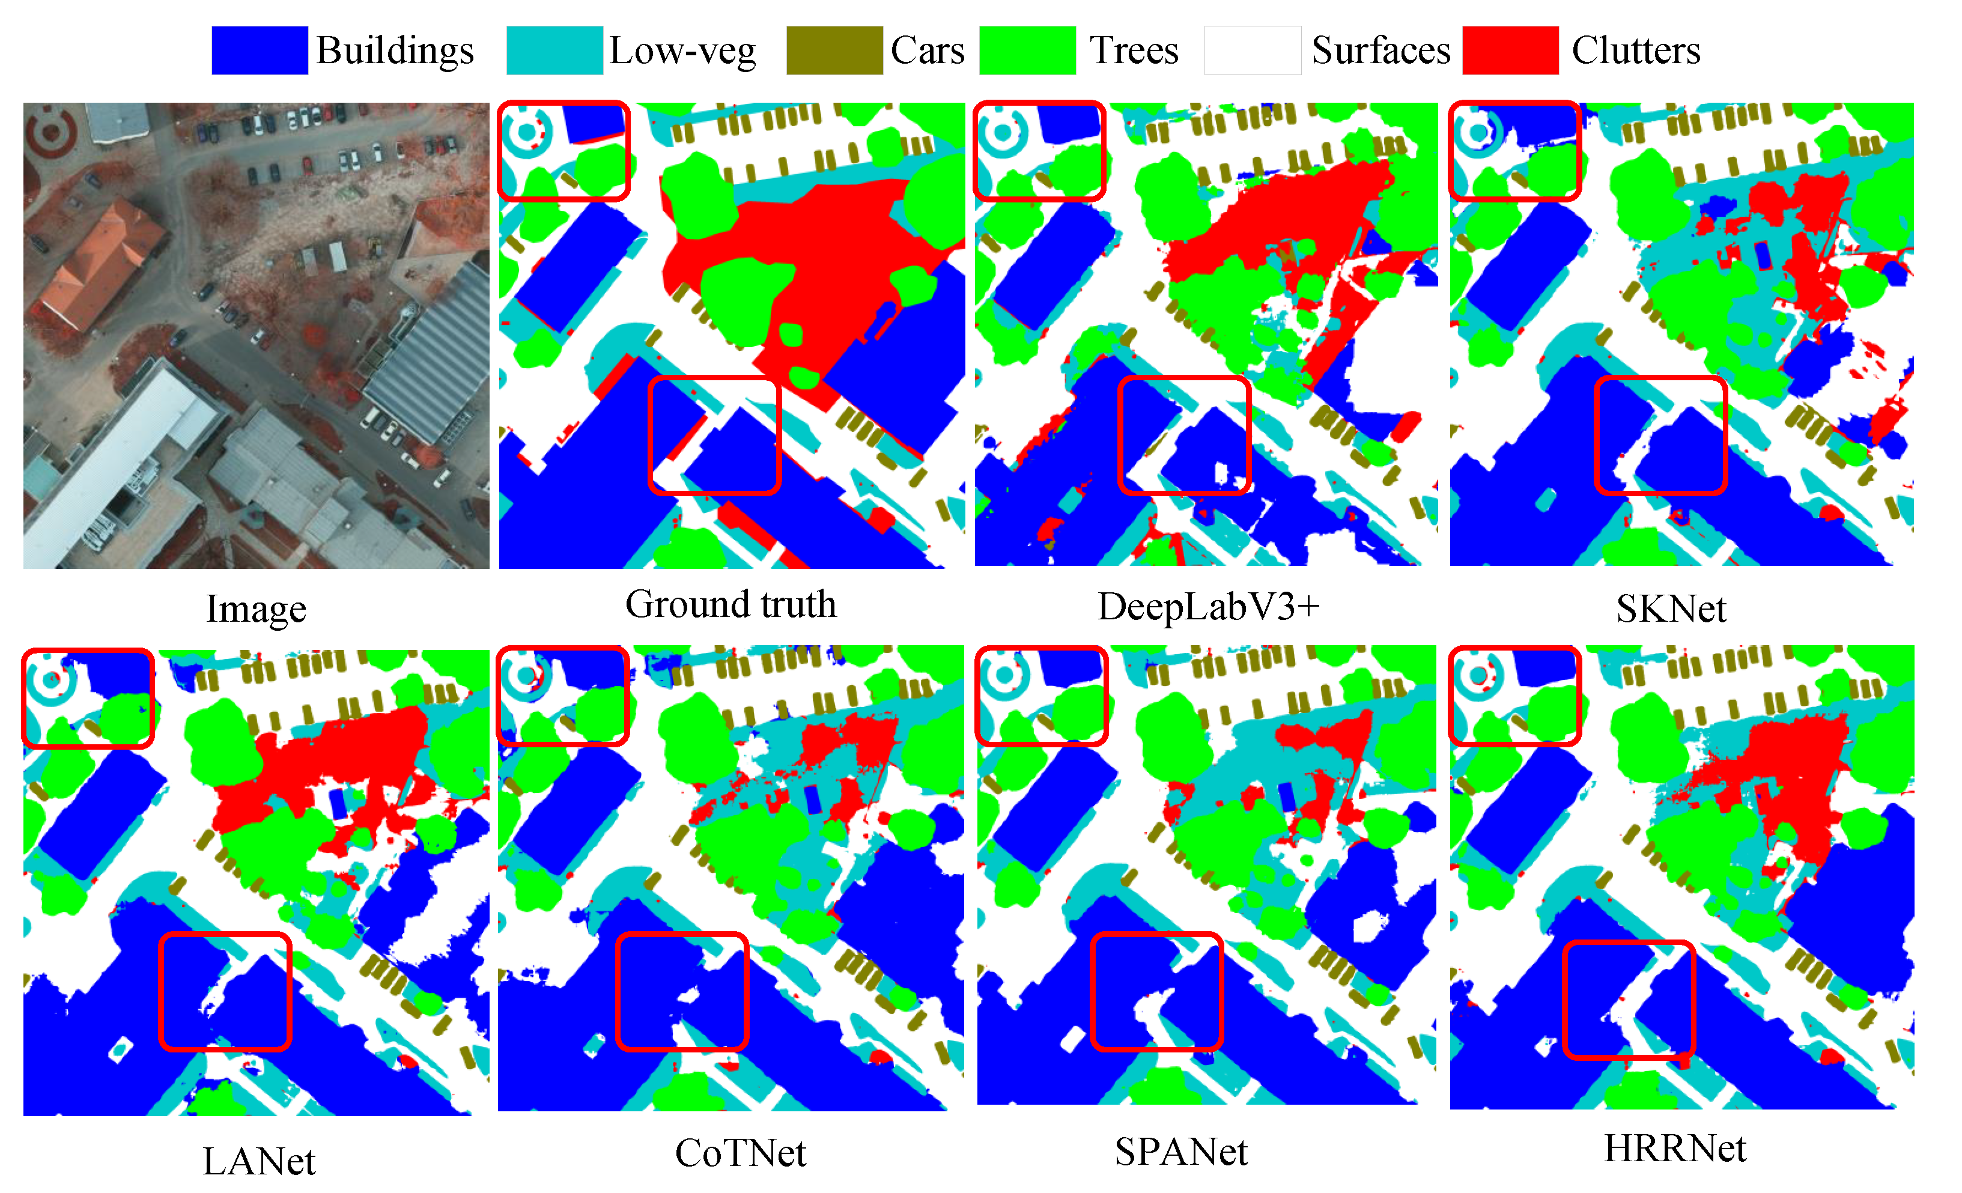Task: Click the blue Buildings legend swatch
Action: click(x=260, y=50)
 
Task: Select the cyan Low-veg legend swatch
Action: click(x=554, y=50)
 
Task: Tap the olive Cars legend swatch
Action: click(x=834, y=50)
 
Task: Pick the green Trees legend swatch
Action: click(x=1027, y=50)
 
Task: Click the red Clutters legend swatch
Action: click(x=1510, y=50)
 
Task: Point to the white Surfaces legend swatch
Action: click(x=1252, y=50)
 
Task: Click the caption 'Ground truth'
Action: click(x=730, y=604)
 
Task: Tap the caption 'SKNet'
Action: click(x=1671, y=609)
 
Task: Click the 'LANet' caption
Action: click(x=259, y=1161)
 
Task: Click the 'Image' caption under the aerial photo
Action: click(x=255, y=609)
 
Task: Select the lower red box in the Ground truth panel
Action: click(x=714, y=436)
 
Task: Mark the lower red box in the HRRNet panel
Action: click(x=1629, y=1000)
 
